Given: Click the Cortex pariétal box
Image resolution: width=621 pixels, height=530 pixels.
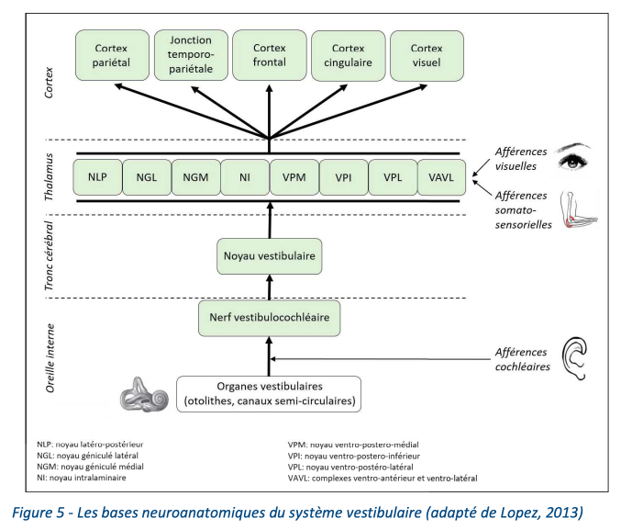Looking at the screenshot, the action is [x=112, y=55].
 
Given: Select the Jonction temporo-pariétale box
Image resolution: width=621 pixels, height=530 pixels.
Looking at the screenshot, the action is [x=191, y=55].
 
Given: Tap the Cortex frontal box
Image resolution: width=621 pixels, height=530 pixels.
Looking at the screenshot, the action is [x=270, y=55].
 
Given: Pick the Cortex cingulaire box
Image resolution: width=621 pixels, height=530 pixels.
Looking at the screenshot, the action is [x=349, y=55].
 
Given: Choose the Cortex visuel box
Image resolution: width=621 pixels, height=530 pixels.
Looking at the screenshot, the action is [x=427, y=55].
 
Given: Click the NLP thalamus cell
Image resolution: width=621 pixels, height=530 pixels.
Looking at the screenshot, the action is [x=97, y=177].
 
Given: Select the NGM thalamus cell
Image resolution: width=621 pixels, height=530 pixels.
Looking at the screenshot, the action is [x=195, y=177].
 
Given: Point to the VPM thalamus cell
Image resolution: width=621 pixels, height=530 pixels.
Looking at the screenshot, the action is [x=294, y=177].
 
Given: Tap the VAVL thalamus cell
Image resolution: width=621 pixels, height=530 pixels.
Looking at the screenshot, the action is [x=441, y=177].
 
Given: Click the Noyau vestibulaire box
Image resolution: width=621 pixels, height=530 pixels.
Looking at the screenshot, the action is [x=270, y=256].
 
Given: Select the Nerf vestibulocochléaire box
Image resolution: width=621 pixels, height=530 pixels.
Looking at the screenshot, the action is [x=270, y=318].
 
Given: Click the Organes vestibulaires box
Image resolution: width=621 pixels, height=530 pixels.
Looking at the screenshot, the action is [x=269, y=394].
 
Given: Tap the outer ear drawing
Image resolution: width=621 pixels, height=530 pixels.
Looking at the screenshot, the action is [x=574, y=358].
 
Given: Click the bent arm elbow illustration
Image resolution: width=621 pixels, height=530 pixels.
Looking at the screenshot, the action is [x=579, y=210].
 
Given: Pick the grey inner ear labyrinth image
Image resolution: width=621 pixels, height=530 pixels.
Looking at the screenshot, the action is [x=145, y=394].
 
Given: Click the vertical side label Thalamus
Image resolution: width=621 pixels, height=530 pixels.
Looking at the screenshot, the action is [x=49, y=177].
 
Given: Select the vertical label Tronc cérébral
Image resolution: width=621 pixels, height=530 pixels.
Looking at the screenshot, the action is [x=49, y=256].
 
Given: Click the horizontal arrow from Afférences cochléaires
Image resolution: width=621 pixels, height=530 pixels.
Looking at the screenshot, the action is [x=380, y=359].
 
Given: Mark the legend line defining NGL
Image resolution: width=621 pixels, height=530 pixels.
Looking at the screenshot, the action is [x=87, y=456].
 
